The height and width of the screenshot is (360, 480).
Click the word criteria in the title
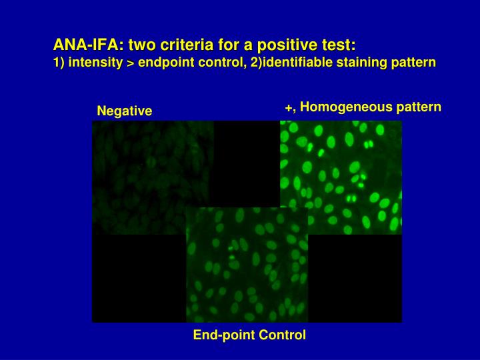184,45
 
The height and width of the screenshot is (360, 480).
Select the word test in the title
336,45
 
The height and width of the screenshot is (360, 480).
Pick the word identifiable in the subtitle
290,63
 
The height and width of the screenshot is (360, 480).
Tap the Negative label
125,111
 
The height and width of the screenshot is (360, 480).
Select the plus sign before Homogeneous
288,108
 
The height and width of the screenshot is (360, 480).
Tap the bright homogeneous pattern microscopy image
341,177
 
